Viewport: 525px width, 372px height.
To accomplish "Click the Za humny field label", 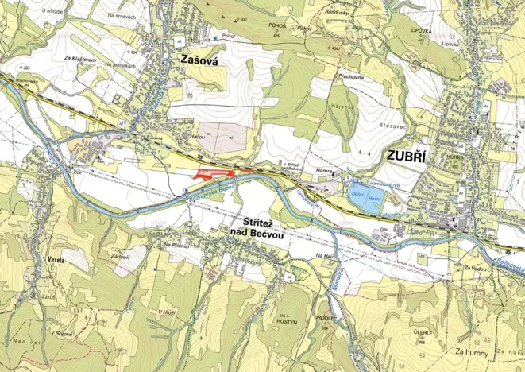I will (470, 351).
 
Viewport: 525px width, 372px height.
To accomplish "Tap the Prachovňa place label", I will (349, 76).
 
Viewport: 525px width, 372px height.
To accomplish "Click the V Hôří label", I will (166, 312).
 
